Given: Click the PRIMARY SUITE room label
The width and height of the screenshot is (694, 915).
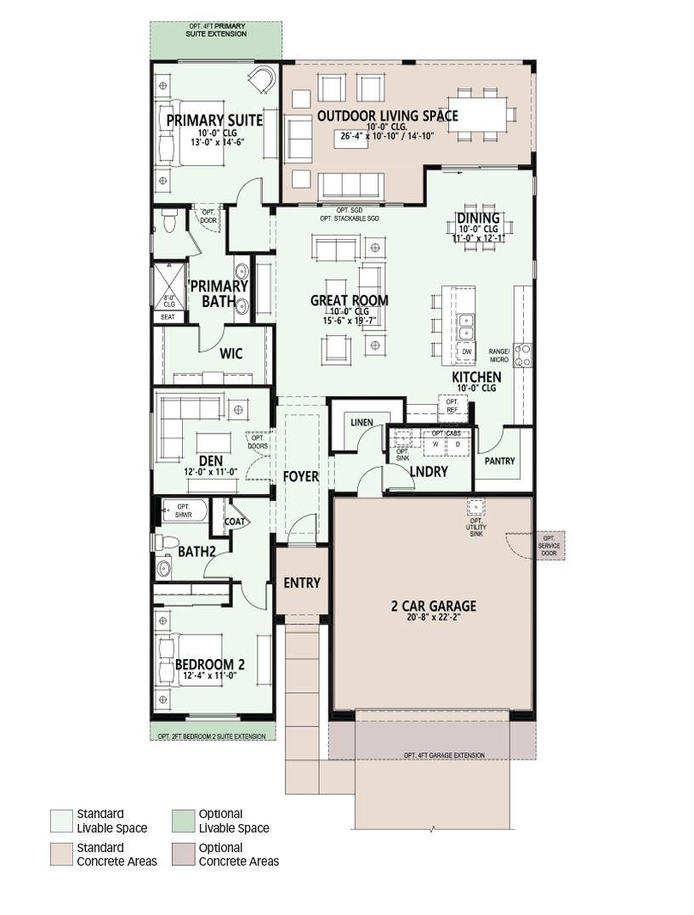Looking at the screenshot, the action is [214, 120].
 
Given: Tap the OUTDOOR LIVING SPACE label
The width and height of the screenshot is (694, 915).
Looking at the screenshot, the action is [388, 116].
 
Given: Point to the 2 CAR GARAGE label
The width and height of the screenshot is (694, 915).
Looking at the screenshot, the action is [434, 605].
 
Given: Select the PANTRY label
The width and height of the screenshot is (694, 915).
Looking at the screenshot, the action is [499, 461].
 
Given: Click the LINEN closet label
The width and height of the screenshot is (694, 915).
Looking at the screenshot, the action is [362, 422].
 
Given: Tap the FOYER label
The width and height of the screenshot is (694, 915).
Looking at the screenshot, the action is [301, 477].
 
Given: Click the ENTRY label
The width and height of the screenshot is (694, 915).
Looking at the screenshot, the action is [302, 583].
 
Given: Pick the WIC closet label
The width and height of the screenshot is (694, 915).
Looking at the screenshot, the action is [231, 353].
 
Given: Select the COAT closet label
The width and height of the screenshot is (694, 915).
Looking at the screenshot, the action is [235, 521].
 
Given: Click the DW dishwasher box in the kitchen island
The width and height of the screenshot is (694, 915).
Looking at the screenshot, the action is [467, 352].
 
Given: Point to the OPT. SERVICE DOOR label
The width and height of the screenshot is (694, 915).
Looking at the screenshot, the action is [549, 546].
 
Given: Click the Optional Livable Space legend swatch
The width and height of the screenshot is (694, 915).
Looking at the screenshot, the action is [183, 821].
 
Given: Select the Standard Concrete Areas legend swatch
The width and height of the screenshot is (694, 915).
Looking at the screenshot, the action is [61, 854].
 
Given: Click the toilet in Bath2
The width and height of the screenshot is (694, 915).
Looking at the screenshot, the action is [162, 542].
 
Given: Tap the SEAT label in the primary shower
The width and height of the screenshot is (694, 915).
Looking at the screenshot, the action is [168, 317].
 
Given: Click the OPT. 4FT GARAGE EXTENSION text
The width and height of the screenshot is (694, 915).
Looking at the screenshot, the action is [444, 755].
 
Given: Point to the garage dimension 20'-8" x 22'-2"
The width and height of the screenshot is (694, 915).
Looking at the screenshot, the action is [435, 617].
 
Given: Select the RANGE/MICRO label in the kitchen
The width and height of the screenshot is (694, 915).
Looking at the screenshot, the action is [499, 355].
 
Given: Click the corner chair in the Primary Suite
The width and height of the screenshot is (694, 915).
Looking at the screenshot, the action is [261, 79].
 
